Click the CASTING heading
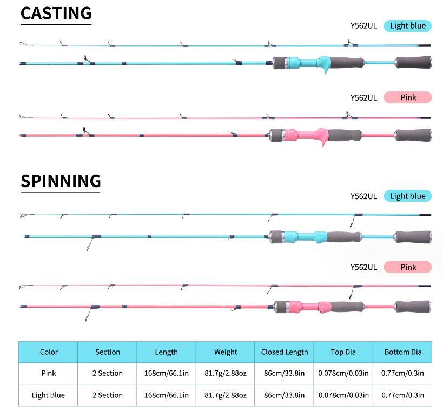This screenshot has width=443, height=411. pos(56,14)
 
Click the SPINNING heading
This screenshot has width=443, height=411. pos(61,181)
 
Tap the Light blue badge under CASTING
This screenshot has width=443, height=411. pos(407,26)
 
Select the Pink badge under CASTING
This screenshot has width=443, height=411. pos(408,97)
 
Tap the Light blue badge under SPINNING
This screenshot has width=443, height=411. pos(407,196)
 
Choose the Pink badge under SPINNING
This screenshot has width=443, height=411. pos(408,267)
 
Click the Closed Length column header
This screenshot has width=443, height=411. pos(285,352)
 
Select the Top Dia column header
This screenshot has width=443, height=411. pos(343,352)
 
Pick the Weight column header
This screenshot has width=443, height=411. pos(226,352)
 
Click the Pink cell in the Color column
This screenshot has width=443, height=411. pos(48,373)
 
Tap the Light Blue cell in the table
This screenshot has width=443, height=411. pos(48,395)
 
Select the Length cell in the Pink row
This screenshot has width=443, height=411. pos(167,373)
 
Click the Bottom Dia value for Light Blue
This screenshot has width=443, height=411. pos(403,395)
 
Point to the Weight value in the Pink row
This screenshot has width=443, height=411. pos(226,373)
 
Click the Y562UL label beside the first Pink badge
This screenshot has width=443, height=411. pos(363,97)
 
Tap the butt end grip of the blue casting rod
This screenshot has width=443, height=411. pos(413,62)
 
